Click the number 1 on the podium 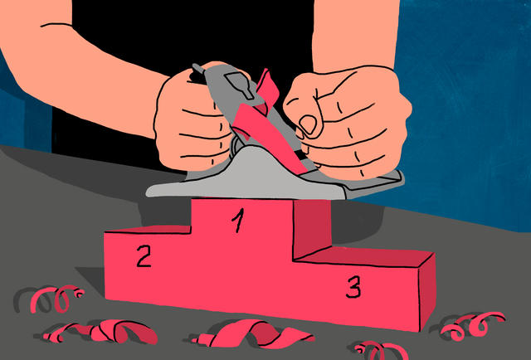coord(238,221)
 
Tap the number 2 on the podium coord(144,256)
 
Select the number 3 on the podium coord(353,286)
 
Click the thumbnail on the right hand coord(308,124)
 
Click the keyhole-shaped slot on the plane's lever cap coord(240,85)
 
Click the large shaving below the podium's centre coord(254,333)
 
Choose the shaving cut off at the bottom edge coord(379,351)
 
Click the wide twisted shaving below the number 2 coord(101,331)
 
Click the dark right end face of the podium coord(427,292)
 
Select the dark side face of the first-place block coord(312,227)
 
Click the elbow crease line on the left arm coord(56,25)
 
